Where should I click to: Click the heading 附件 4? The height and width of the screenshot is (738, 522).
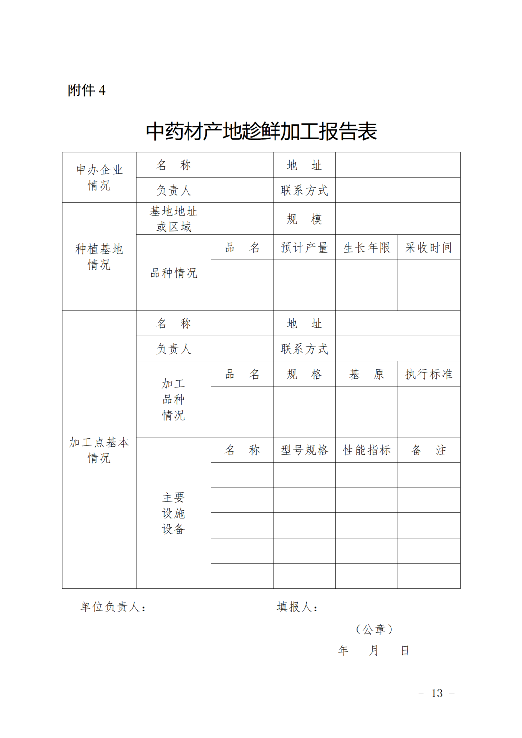(x=87, y=90)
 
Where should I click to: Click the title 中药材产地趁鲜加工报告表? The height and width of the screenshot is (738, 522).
(x=261, y=131)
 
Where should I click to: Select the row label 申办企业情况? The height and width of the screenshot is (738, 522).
(x=99, y=177)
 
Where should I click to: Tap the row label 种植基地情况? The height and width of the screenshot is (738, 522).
(x=99, y=256)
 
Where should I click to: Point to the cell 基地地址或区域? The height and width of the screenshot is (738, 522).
(x=174, y=219)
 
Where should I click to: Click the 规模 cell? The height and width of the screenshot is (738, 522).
(x=304, y=219)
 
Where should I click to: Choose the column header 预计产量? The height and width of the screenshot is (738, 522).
(x=304, y=248)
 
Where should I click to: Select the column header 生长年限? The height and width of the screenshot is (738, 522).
(x=366, y=248)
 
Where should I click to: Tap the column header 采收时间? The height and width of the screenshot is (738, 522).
(x=429, y=248)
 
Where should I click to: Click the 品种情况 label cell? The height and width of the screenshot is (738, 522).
(x=174, y=273)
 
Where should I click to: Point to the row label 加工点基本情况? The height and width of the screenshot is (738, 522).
(x=99, y=450)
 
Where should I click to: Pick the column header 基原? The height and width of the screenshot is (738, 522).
(x=366, y=374)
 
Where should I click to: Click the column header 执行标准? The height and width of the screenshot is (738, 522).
(x=429, y=374)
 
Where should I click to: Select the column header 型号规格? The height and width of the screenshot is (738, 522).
(x=304, y=450)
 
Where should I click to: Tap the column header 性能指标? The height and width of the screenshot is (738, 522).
(x=366, y=450)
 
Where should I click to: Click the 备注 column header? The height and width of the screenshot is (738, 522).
(x=429, y=450)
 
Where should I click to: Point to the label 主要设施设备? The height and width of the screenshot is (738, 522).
(x=174, y=513)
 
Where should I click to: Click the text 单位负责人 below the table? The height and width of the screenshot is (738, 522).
(x=113, y=607)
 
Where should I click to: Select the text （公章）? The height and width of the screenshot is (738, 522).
(x=374, y=629)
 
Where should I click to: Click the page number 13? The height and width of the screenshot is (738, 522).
(x=436, y=694)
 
